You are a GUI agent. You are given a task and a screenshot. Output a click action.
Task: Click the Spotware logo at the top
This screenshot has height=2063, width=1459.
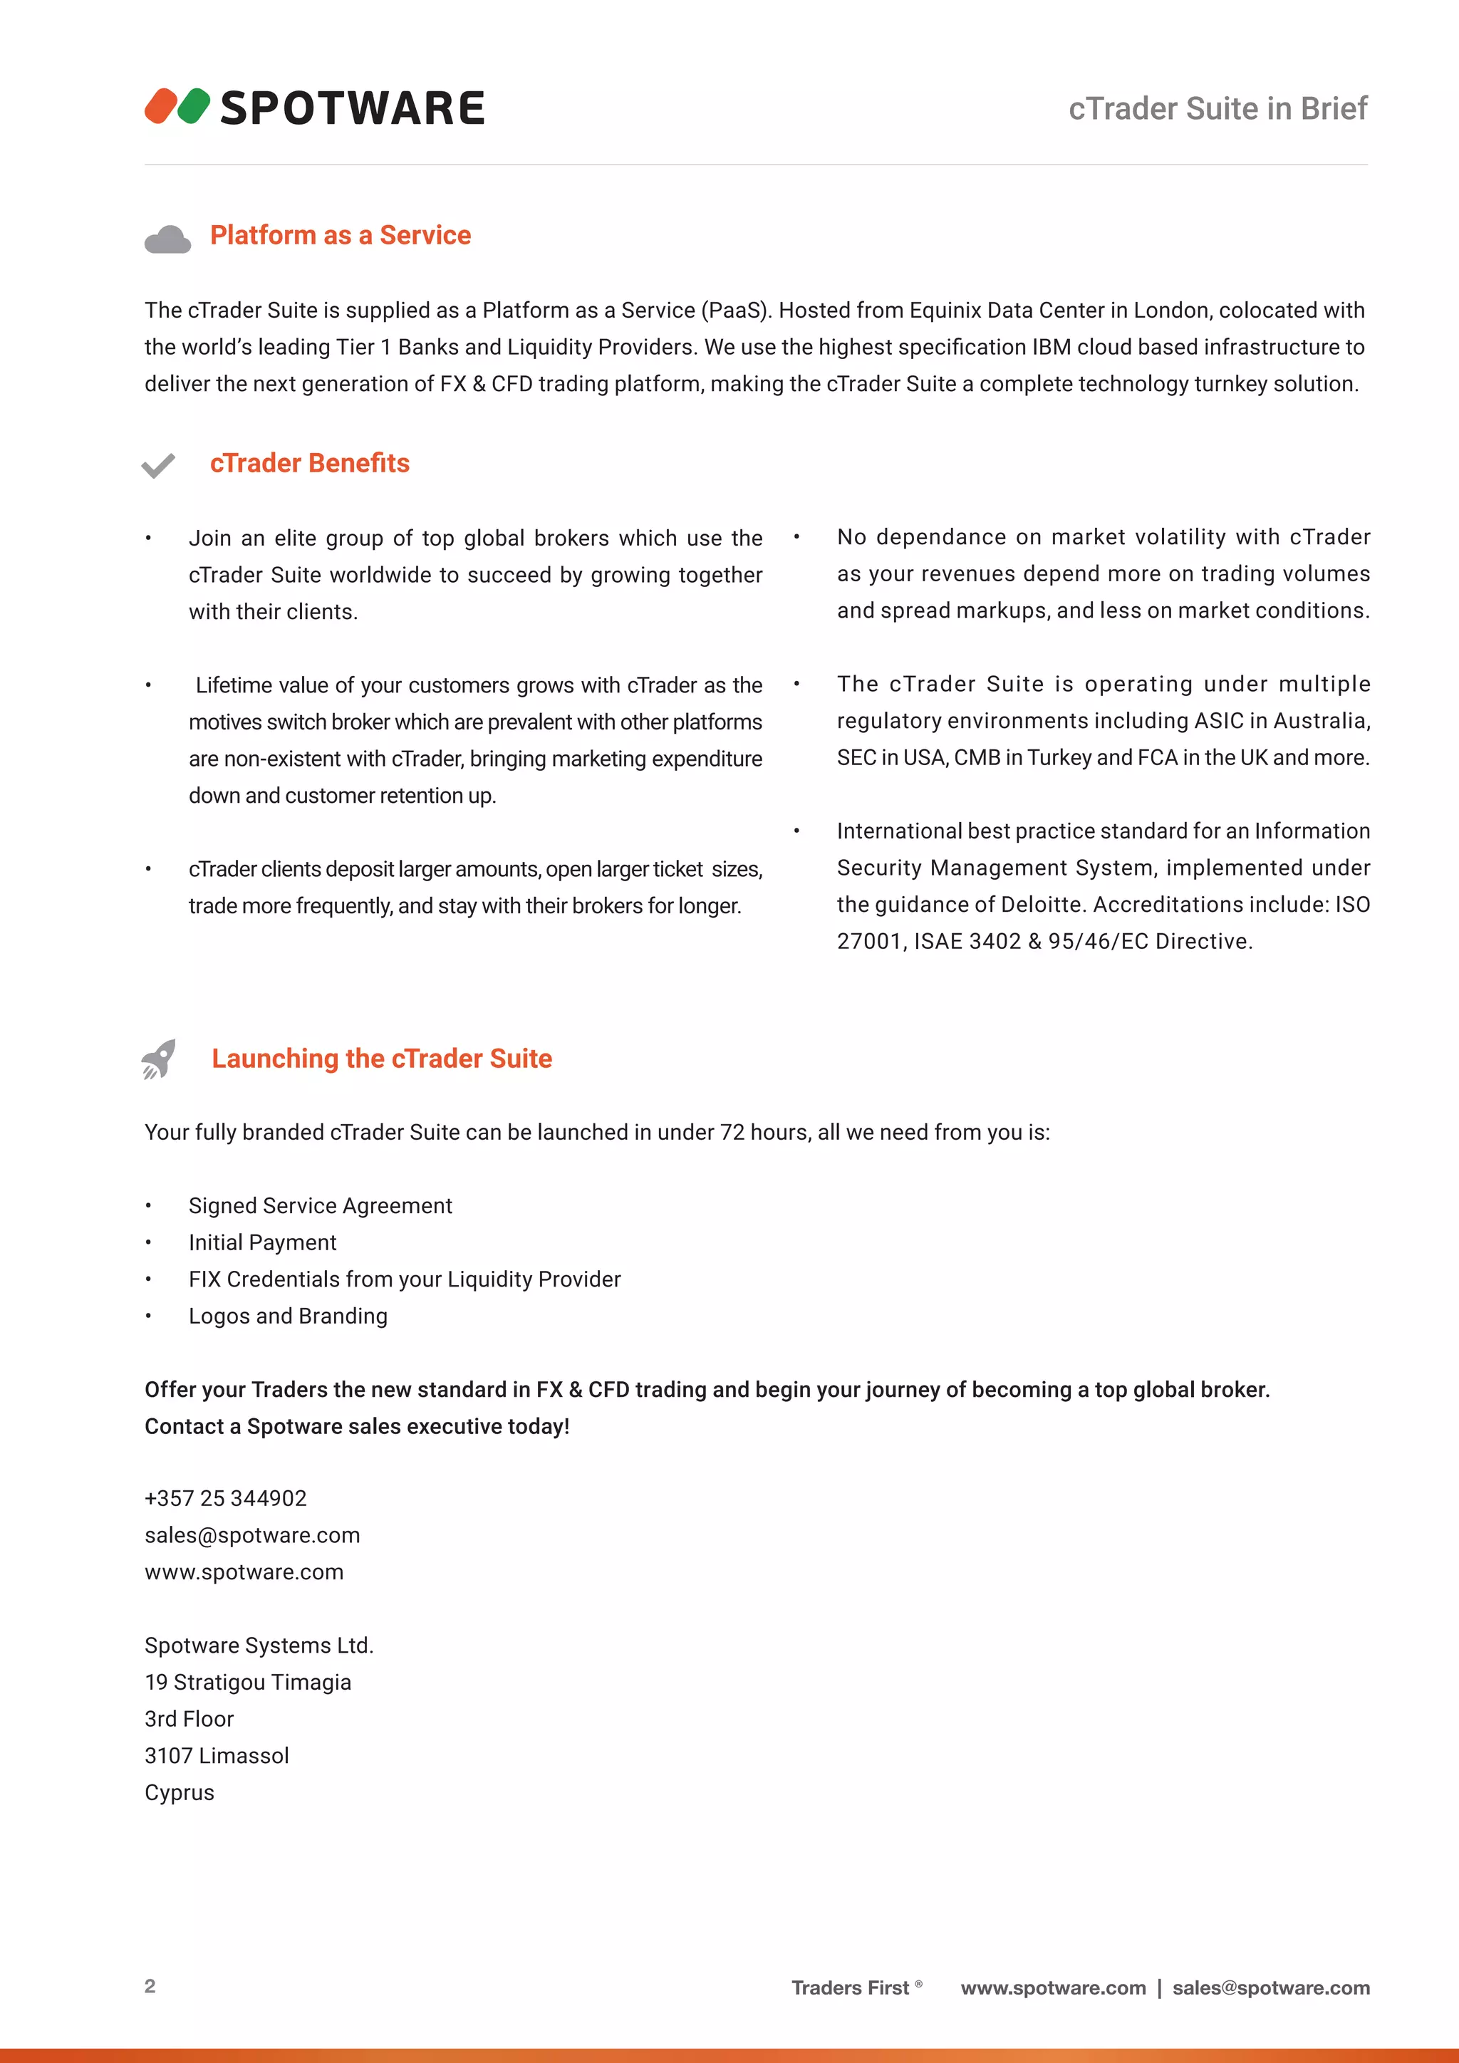click(314, 107)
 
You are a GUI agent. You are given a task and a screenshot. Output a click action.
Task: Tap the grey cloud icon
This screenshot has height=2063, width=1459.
click(167, 240)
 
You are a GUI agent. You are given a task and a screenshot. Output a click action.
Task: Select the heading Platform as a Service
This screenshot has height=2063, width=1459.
click(341, 235)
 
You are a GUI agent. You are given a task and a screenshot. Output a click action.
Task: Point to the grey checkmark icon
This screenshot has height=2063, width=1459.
click(158, 465)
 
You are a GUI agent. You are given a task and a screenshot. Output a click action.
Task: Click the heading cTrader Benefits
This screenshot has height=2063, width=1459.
click(310, 464)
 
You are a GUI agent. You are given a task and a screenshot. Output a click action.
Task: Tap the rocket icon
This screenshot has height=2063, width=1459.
click(159, 1059)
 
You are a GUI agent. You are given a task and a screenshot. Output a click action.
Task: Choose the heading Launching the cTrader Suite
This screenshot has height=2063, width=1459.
click(382, 1059)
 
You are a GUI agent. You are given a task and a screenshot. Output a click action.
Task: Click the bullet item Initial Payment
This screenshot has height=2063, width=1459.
click(262, 1242)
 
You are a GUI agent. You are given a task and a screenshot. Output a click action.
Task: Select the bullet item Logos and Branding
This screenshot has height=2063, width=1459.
click(289, 1316)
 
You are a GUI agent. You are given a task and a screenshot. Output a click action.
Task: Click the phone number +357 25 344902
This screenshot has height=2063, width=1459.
click(226, 1499)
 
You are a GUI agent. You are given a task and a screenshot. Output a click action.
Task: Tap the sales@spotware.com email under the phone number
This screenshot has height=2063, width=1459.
click(252, 1536)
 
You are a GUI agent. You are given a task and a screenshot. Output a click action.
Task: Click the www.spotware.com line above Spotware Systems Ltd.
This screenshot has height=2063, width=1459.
click(244, 1572)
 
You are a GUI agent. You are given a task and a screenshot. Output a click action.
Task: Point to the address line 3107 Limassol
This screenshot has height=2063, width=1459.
click(217, 1756)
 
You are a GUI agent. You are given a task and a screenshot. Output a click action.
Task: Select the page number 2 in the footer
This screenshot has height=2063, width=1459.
click(150, 1986)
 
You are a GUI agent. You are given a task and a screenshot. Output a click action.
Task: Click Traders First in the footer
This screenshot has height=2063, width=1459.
click(850, 1987)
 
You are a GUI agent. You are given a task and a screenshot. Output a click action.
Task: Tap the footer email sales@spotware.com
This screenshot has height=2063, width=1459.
click(1270, 1987)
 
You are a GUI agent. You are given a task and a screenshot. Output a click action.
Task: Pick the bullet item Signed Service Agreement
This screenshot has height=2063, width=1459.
click(320, 1206)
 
